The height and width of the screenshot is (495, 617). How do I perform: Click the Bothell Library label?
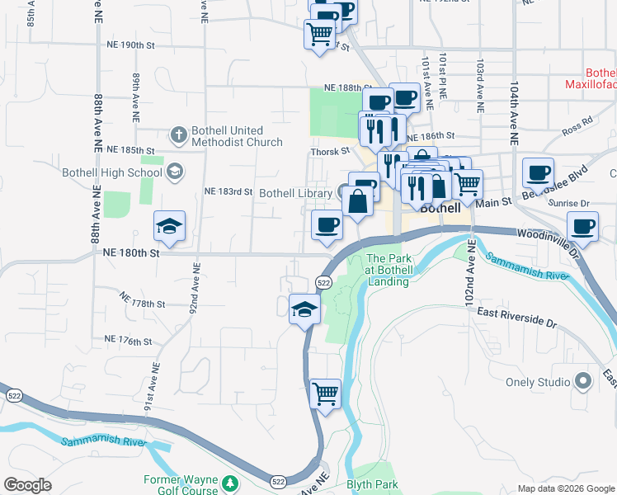tap(294, 193)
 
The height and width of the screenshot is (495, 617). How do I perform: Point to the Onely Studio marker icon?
tap(583, 382)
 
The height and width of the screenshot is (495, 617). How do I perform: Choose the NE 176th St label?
tap(129, 340)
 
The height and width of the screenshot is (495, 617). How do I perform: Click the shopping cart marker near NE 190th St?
tap(319, 35)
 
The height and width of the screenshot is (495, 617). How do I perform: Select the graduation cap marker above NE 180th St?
tap(169, 226)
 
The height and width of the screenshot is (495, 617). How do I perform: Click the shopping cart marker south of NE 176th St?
tap(325, 393)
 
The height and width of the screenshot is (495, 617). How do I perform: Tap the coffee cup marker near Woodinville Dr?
tap(583, 227)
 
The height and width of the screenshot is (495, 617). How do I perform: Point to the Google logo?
tap(28, 485)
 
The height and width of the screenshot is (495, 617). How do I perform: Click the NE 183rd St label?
tap(228, 192)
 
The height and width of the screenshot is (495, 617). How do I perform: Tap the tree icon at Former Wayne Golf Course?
tap(232, 482)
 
